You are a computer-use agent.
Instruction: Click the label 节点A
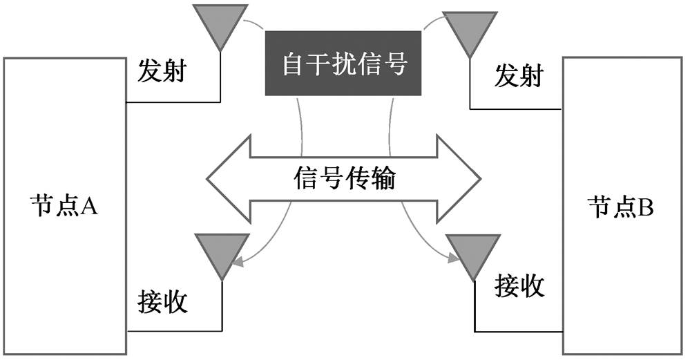point(65,206)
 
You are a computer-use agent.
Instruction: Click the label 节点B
point(620,206)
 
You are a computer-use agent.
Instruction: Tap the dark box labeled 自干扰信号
point(343,63)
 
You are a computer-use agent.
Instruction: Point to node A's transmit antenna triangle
point(220,24)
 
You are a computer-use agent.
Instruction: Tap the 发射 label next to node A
point(162,71)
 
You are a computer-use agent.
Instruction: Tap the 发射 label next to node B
point(518,76)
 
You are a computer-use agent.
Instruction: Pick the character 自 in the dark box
point(293,64)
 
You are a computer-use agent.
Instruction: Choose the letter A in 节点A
point(90,206)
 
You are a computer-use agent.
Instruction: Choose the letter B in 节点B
point(645,206)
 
